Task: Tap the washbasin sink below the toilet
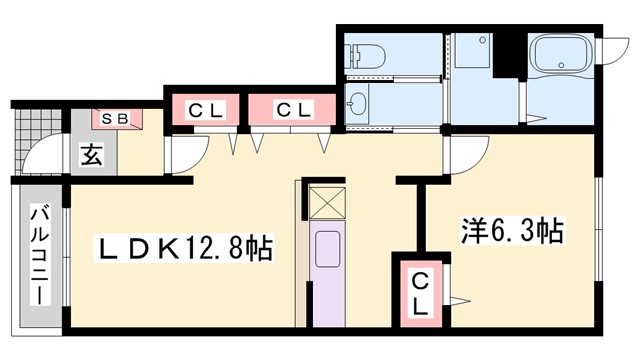(x=358, y=102)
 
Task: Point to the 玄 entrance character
(x=91, y=155)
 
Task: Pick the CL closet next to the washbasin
(x=291, y=109)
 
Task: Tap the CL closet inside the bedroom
(x=421, y=293)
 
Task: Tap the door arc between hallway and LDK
(x=185, y=155)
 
